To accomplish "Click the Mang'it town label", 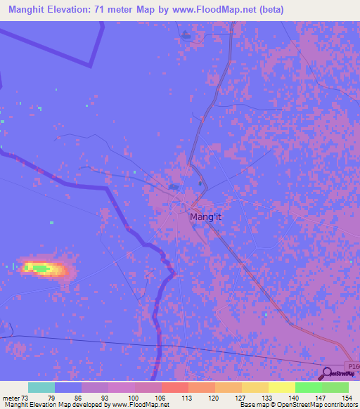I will pyautogui.click(x=205, y=218).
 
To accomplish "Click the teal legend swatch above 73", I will pyautogui.click(x=41, y=387).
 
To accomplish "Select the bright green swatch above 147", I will pyautogui.click(x=309, y=387).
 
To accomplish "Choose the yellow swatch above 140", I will pyautogui.click(x=282, y=387).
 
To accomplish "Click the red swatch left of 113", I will pyautogui.click(x=175, y=387).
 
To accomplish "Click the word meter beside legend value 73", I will pyautogui.click(x=12, y=397).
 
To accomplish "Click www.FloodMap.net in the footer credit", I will pyautogui.click(x=141, y=404).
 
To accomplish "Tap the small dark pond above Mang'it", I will pyautogui.click(x=173, y=187).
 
